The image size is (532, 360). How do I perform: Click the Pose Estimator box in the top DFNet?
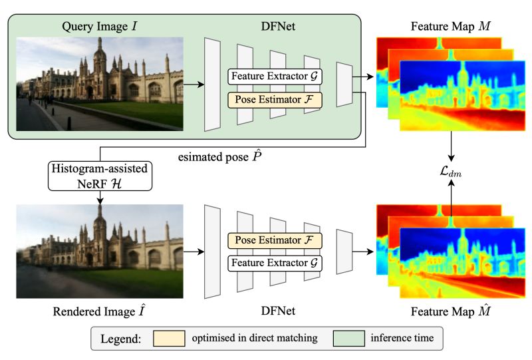pyautogui.click(x=275, y=100)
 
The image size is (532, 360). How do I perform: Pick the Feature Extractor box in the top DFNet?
pyautogui.click(x=275, y=77)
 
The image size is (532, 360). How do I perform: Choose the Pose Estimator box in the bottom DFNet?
pyautogui.click(x=275, y=240)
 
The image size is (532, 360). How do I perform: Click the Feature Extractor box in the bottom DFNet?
pyautogui.click(x=275, y=264)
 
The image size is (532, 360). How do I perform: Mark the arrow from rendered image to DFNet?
pyautogui.click(x=193, y=252)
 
